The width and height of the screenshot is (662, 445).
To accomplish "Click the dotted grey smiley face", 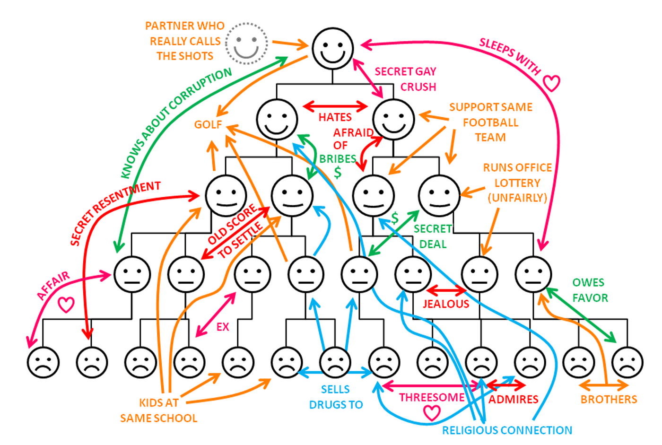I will (246, 43).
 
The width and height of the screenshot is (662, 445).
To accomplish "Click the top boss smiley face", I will (332, 48).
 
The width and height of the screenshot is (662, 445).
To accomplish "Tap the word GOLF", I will (208, 124).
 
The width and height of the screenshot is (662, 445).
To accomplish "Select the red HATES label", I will (335, 117).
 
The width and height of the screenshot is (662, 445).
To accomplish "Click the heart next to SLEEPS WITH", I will (551, 83).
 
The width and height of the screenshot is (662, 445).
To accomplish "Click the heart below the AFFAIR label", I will (66, 305).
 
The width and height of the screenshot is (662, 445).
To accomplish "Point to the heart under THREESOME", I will (431, 412).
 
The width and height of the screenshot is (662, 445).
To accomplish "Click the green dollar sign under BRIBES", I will (338, 172).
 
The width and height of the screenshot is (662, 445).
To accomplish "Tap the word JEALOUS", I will (445, 304).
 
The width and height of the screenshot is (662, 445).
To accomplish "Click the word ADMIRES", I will (513, 400).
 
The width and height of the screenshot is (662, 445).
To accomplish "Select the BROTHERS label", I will (609, 400).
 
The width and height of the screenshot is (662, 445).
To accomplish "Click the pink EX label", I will (222, 327).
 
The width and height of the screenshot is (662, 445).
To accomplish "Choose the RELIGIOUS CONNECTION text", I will (507, 430).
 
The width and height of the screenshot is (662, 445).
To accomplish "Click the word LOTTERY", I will (517, 183).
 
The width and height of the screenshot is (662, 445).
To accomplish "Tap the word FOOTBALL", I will (490, 122).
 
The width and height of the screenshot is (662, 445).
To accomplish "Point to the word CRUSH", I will (418, 87).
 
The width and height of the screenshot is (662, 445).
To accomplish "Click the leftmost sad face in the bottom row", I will (44, 362).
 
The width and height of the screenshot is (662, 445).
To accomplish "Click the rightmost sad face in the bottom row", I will (627, 362).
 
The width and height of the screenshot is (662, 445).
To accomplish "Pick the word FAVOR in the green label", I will (590, 298).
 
